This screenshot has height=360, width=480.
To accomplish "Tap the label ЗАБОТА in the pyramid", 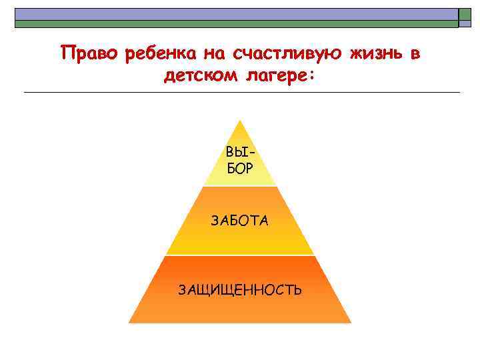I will (240, 221).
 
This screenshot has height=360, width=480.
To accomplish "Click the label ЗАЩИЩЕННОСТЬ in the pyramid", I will (240, 290).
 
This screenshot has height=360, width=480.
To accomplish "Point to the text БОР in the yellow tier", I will (239, 169).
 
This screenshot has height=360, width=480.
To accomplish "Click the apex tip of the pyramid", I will (239, 121).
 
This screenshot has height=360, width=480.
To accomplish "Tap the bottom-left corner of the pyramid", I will (129, 322).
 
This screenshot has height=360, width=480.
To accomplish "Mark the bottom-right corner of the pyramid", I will (350, 322).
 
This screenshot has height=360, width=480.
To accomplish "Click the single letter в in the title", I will (415, 53).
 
